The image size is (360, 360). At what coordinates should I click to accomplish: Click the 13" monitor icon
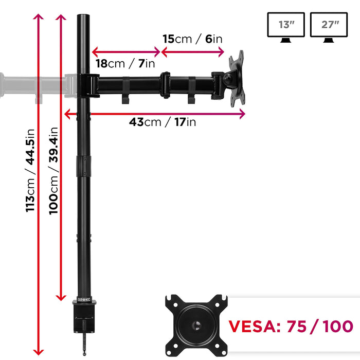tap(286, 27)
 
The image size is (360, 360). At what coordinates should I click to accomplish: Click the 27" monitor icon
tap(329, 27)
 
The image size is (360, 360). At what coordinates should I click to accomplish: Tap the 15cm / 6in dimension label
tap(192, 39)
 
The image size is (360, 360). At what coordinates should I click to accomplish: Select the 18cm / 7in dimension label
tap(125, 63)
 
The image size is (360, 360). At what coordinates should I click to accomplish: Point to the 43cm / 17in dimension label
tap(162, 122)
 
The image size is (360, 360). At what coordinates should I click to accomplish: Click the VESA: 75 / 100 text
tap(291, 326)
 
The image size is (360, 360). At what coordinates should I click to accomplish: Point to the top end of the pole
tap(82, 18)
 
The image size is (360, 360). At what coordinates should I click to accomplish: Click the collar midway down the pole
tap(83, 166)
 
